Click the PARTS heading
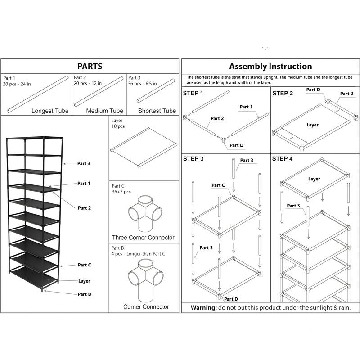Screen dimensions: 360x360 (90, 67)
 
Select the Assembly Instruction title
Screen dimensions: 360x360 (270, 67)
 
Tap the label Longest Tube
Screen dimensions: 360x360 (49, 111)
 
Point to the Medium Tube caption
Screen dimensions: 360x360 (104, 111)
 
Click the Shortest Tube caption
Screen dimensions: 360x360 (157, 111)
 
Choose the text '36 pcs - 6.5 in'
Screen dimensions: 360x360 (144, 84)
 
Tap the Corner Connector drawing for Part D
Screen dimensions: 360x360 (146, 282)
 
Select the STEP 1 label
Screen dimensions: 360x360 (193, 94)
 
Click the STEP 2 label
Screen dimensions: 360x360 (283, 94)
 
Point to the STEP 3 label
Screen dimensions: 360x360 (193, 159)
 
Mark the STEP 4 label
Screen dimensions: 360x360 (283, 159)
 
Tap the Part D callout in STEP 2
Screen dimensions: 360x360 (313, 90)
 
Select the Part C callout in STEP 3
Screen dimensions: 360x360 (218, 185)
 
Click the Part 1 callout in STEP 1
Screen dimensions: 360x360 (246, 107)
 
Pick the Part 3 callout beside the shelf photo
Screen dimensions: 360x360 (84, 163)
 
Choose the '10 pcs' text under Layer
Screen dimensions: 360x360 (118, 127)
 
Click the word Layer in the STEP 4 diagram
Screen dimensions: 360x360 (314, 179)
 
